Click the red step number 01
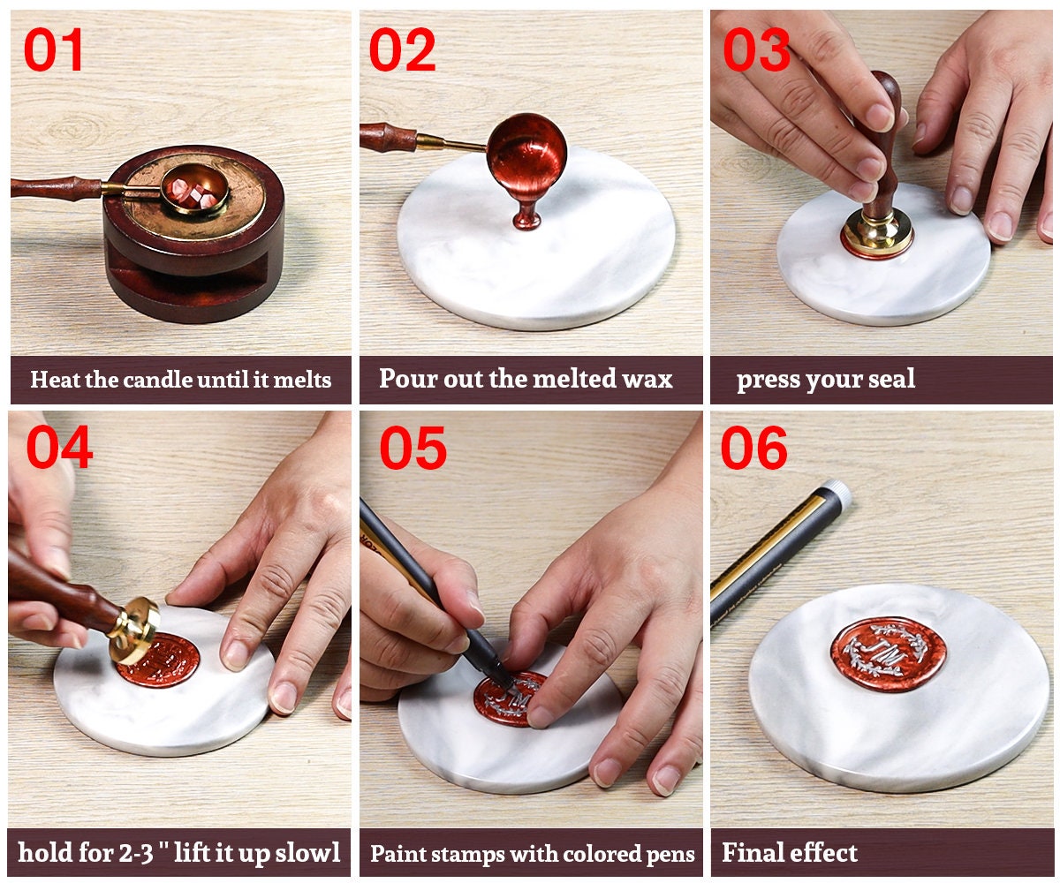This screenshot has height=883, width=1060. point(54,49)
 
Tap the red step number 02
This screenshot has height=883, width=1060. point(402,49)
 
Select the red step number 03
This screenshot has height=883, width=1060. point(756,49)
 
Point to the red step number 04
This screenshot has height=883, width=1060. point(58,448)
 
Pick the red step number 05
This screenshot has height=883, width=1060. point(413,448)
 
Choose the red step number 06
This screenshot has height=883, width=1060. point(753,448)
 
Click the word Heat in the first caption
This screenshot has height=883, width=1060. point(52,381)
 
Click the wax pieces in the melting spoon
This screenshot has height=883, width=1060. point(193,193)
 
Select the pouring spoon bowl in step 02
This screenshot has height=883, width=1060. point(526,151)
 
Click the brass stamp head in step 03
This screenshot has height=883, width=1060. point(876,231)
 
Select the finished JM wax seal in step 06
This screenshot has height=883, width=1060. point(888,654)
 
